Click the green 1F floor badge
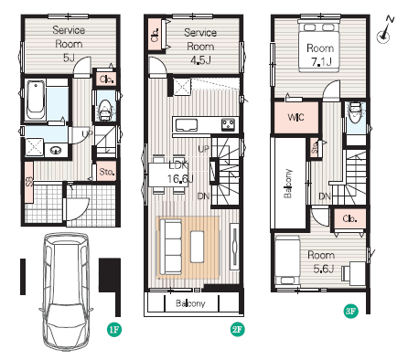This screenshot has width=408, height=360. tap(114, 329)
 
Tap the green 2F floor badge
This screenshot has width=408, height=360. tap(237, 329)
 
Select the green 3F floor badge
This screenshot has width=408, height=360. tap(351, 311)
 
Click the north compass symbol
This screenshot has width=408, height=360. tap(385, 30)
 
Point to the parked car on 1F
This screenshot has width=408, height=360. tap(67, 291)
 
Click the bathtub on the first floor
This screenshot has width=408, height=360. tap(36, 100)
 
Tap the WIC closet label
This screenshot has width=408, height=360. tap(295, 117)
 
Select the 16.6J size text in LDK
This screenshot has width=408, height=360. tap(180, 179)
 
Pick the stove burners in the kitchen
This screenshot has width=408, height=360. tap(229, 125)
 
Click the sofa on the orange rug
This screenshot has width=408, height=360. tap(171, 247)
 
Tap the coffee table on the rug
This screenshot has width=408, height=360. tap(198, 247)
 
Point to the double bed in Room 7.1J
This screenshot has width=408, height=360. tap(319, 47)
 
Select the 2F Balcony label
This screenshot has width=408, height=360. tap(190, 303)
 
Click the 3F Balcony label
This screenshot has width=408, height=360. tap(288, 184)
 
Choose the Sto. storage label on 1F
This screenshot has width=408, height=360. tap(107, 172)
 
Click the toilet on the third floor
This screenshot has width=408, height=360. tap(354, 112)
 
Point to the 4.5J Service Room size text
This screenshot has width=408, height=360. tap(200, 60)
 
